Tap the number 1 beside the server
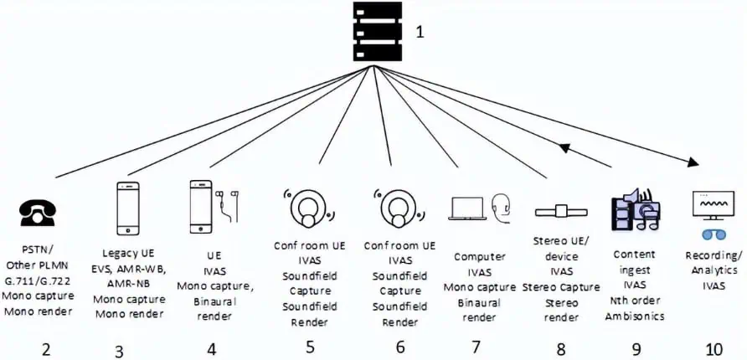click(x=422, y=34)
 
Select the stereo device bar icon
click(x=559, y=210)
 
